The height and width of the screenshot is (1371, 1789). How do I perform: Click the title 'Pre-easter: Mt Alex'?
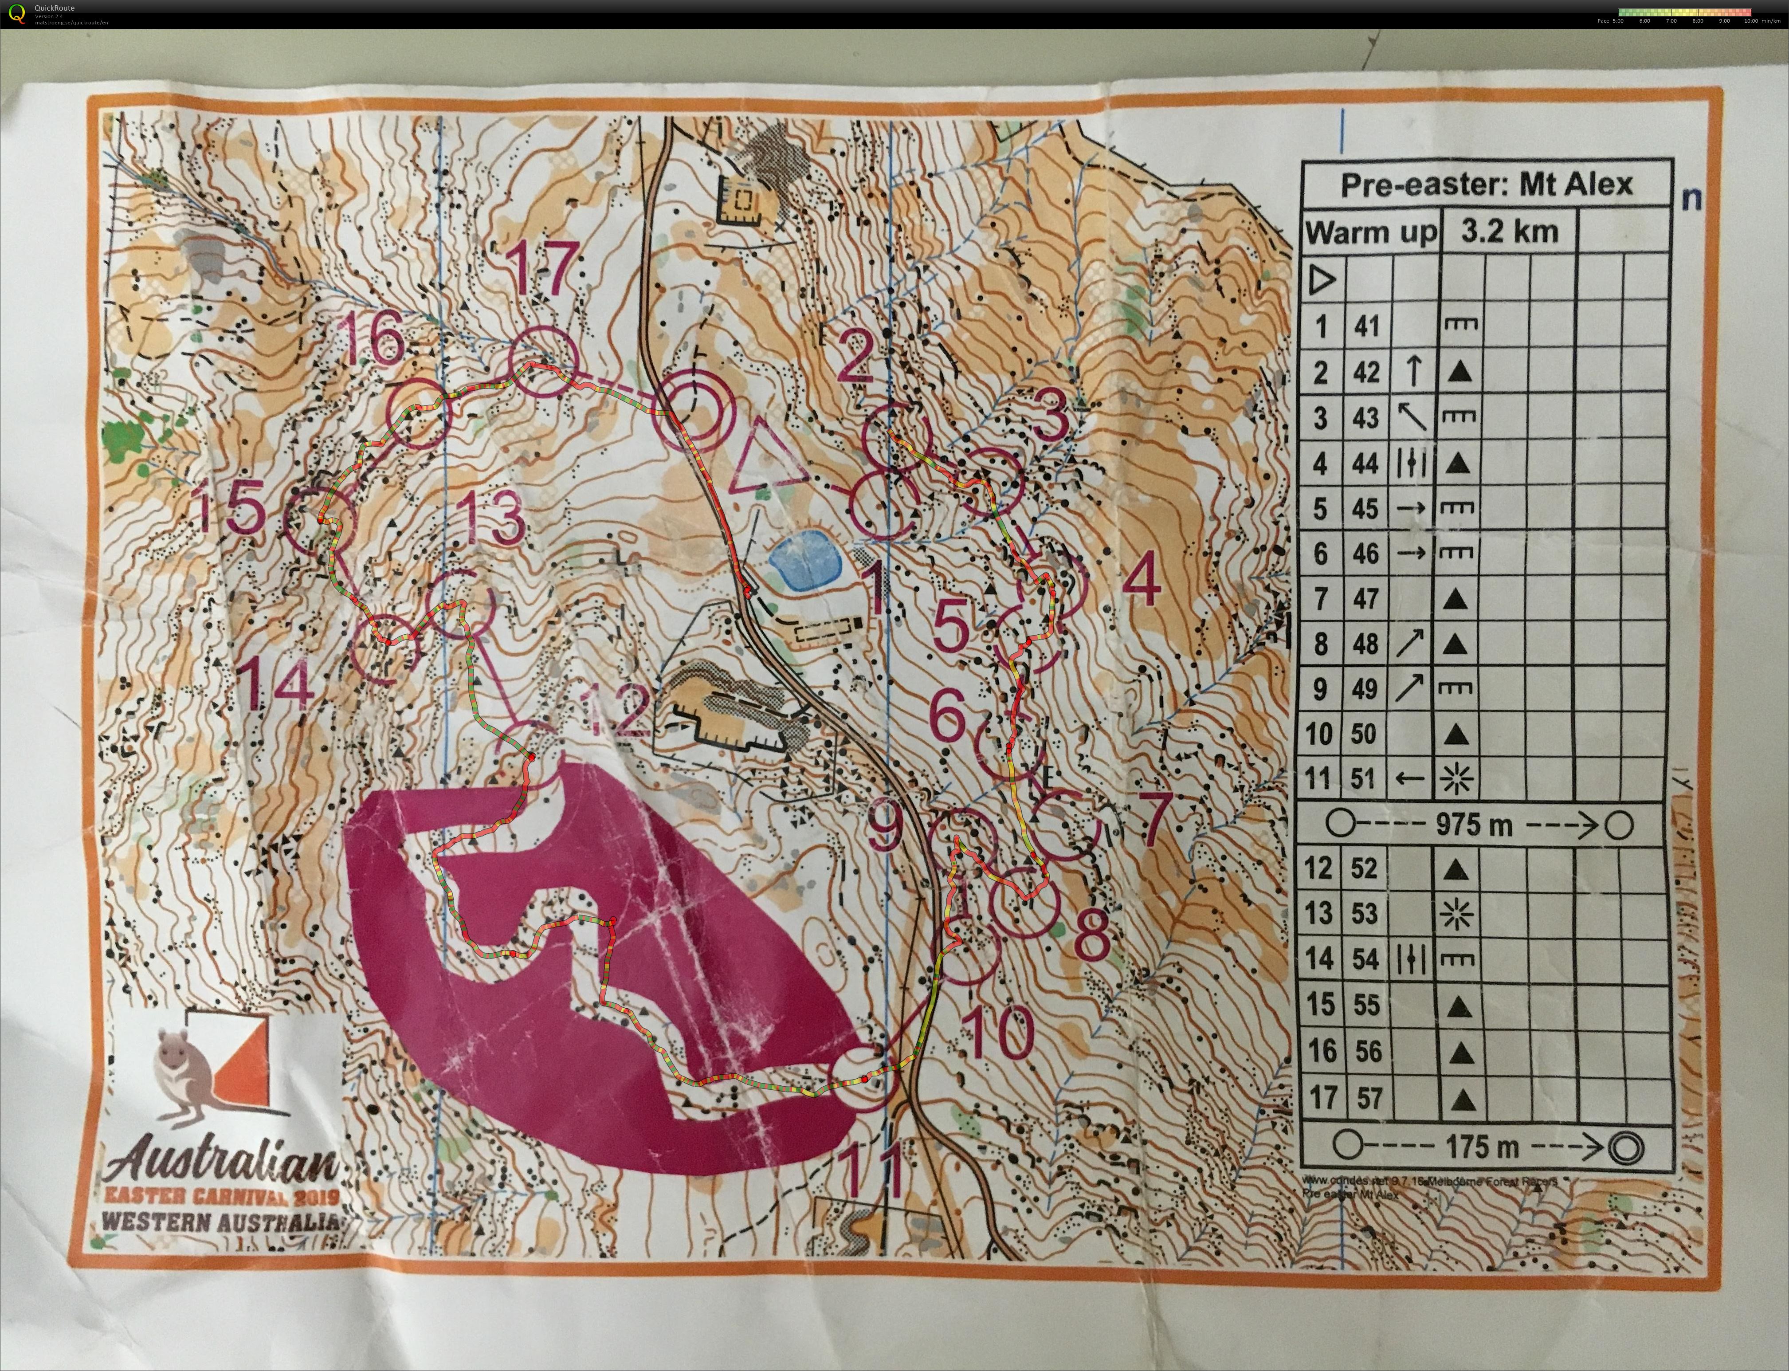coord(1487,185)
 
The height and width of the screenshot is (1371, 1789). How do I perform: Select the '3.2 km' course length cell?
coord(1509,232)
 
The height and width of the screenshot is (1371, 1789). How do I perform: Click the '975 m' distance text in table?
coord(1473,825)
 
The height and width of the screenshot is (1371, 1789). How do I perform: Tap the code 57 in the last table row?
coord(1370,1098)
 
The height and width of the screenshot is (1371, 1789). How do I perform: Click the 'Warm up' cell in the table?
coord(1370,232)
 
